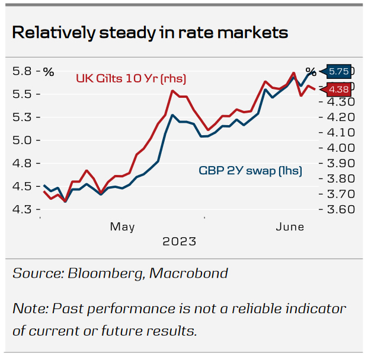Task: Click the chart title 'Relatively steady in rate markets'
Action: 150,32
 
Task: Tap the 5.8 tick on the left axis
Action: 23,72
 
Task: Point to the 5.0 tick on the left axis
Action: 23,141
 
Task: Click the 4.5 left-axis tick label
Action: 23,187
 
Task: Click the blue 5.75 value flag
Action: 339,71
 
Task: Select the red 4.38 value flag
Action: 339,90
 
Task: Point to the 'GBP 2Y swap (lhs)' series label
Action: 250,171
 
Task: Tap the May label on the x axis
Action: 122,227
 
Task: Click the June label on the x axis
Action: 290,227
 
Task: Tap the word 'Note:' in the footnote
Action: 30,309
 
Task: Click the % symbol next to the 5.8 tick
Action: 48,72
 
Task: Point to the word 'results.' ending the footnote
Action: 174,330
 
